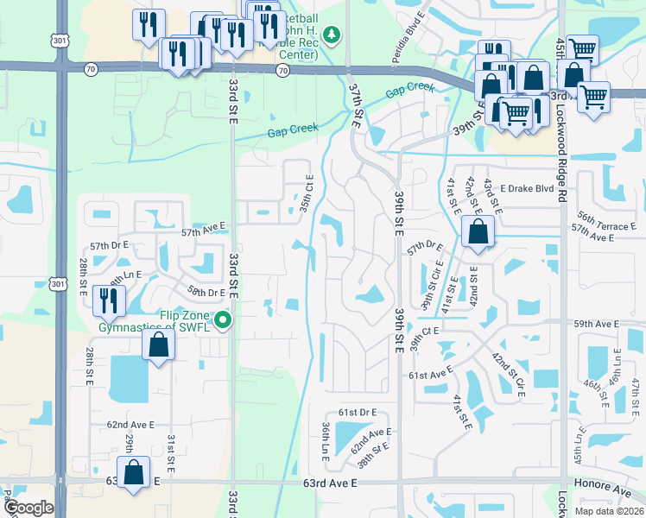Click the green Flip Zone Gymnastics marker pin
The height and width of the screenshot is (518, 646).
pyautogui.click(x=224, y=321)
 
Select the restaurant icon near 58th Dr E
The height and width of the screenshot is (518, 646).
pyautogui.click(x=109, y=300)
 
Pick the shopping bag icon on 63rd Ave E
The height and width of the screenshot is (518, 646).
pyautogui.click(x=133, y=474)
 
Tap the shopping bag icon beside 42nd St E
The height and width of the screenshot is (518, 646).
pyautogui.click(x=478, y=231)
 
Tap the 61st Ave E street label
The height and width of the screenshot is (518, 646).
pyautogui.click(x=431, y=375)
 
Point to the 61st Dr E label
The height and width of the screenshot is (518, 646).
pyautogui.click(x=359, y=414)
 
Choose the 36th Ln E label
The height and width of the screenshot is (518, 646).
pyautogui.click(x=325, y=439)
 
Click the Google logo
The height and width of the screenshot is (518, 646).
pyautogui.click(x=28, y=508)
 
